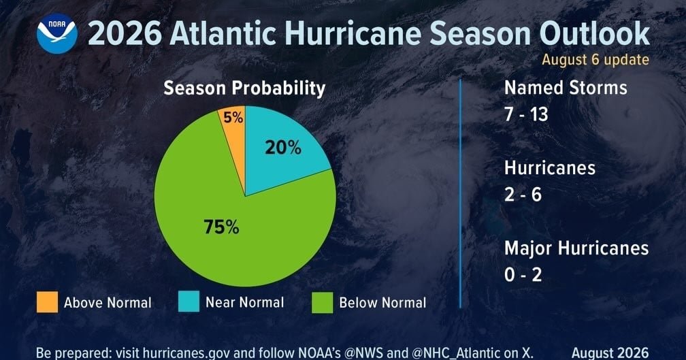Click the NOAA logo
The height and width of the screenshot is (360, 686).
[x=57, y=33]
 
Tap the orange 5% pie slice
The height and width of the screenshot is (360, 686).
[x=235, y=131]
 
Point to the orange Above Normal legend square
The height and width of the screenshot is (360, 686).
[x=47, y=302]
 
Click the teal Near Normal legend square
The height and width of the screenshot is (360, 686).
[x=189, y=301]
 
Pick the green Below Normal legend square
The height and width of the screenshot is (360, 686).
[x=323, y=303]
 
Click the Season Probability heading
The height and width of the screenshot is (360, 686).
[x=244, y=88]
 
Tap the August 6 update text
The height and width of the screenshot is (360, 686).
[x=595, y=59]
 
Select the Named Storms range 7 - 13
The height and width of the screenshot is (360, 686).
[x=526, y=114]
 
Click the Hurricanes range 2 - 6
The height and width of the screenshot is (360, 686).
[x=523, y=195]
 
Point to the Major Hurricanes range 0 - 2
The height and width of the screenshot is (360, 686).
[x=523, y=275]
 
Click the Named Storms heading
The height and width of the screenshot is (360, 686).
[x=566, y=88]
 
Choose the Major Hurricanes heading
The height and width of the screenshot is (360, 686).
[x=576, y=248]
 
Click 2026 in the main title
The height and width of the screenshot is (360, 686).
[x=125, y=33]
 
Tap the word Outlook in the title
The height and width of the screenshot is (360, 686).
[x=595, y=33]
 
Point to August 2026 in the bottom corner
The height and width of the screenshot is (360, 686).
[x=610, y=353]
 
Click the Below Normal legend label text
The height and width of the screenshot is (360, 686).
[x=382, y=303]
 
